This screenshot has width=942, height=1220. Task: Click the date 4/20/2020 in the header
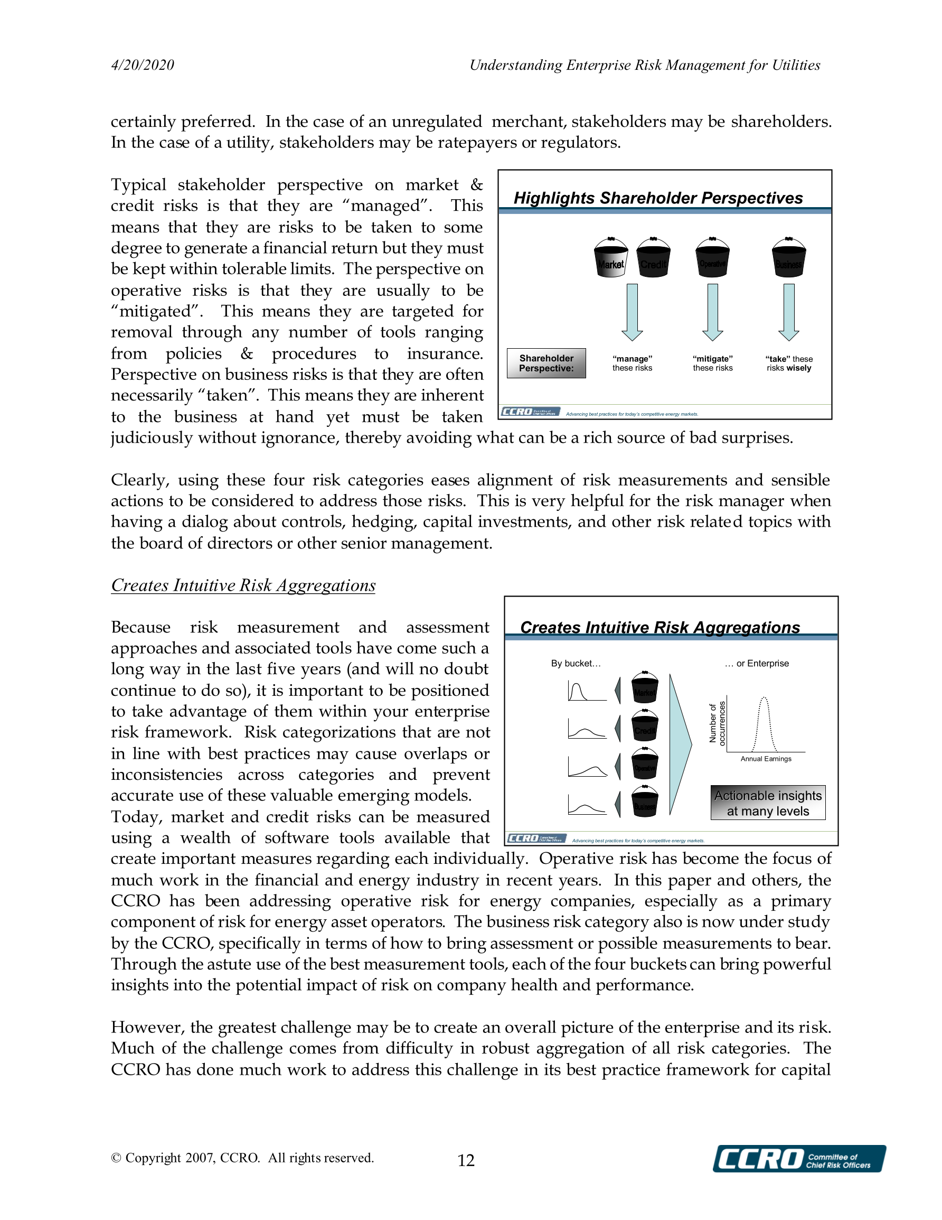[x=143, y=66]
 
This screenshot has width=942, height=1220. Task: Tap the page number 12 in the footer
[x=466, y=1160]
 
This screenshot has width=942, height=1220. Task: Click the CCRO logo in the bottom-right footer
[x=798, y=1158]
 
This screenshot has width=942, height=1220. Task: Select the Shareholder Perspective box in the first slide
[x=546, y=363]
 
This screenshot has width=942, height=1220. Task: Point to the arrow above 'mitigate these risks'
[x=712, y=312]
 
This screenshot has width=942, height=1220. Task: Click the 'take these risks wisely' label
[x=788, y=363]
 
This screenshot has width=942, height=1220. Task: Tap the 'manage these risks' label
[x=632, y=363]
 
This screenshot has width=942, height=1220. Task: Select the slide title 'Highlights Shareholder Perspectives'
[x=658, y=198]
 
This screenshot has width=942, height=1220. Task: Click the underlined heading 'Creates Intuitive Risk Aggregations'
[x=243, y=585]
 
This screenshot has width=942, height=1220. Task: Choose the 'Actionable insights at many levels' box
[x=768, y=803]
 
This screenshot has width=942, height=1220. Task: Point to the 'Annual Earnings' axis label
[x=766, y=759]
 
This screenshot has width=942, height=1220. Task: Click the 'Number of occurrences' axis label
[x=717, y=723]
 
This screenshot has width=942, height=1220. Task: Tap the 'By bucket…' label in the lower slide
[x=576, y=663]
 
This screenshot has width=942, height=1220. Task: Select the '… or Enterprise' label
[x=757, y=663]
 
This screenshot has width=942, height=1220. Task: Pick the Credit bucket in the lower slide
[x=644, y=725]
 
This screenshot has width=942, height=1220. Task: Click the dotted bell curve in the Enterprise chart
[x=764, y=723]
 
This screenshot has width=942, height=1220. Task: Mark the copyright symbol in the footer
[x=116, y=1158]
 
